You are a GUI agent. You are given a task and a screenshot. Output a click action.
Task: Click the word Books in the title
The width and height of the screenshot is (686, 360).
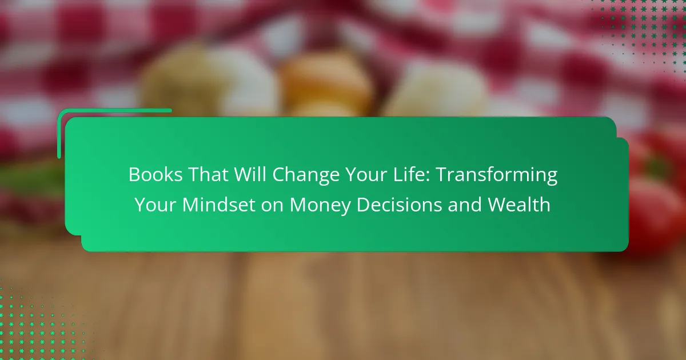click(x=155, y=174)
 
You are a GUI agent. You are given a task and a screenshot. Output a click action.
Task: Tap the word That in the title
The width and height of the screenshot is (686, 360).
click(x=208, y=174)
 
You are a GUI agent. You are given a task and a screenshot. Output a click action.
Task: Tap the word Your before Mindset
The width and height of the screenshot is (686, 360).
click(x=155, y=205)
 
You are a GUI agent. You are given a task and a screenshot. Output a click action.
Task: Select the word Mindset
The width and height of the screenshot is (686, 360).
click(x=218, y=205)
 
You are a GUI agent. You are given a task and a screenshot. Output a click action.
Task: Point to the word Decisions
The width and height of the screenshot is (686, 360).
click(x=400, y=205)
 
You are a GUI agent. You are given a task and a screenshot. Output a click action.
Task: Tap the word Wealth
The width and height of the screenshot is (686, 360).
click(x=519, y=205)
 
